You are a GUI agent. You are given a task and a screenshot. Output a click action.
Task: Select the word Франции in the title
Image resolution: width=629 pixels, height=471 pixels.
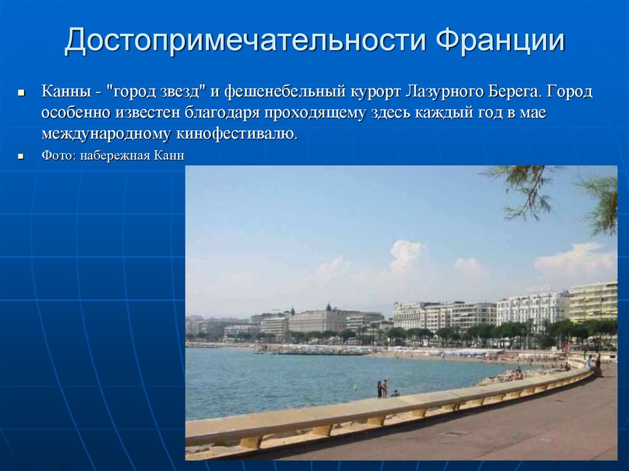click(x=500, y=40)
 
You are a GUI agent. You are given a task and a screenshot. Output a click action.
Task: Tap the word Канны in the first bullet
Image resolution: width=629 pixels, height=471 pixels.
click(x=66, y=92)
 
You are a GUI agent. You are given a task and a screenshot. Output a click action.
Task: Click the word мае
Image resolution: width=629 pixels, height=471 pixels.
click(x=533, y=114)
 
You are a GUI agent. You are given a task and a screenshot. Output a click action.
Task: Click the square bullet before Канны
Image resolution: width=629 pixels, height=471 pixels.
click(x=21, y=93)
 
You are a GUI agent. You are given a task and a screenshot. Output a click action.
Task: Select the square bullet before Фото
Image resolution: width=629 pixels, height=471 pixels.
click(x=21, y=156)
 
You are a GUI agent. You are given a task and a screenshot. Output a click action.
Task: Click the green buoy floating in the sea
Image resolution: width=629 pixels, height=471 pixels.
click(x=355, y=387)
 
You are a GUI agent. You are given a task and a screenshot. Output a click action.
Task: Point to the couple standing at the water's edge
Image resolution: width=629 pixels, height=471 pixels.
click(x=382, y=388)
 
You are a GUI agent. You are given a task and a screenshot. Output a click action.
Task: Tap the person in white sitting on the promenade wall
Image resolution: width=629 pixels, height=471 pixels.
click(x=588, y=362)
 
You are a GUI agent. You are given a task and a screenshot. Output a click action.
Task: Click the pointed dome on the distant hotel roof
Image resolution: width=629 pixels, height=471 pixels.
click(x=329, y=307)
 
